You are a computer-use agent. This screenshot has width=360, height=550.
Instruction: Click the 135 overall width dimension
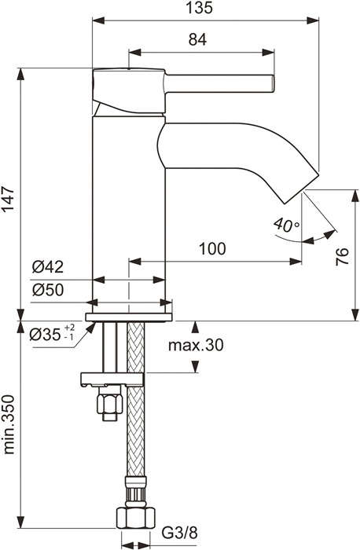pos(203,8)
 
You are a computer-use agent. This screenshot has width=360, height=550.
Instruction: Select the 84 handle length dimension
pos(197,39)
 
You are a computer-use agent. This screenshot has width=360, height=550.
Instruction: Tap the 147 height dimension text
pos(8,199)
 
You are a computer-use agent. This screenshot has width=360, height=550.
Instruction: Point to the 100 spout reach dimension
pos(212,249)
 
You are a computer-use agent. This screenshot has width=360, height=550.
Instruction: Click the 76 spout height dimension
pos(343,256)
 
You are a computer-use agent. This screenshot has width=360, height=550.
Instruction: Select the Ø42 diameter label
pos(48,267)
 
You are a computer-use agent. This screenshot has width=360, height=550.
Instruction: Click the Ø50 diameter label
pos(48,290)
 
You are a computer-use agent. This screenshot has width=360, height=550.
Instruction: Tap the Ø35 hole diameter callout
pos(53,334)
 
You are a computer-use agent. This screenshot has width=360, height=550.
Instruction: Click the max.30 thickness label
pos(196,345)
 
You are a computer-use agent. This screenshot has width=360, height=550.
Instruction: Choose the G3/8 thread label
pos(180,533)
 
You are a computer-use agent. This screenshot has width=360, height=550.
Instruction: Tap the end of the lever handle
pos(272,84)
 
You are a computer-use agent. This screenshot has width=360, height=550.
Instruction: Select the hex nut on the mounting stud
pos(110,403)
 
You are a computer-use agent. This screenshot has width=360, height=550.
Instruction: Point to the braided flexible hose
pos(136,400)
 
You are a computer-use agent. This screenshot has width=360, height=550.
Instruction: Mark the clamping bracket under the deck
pos(112,379)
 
